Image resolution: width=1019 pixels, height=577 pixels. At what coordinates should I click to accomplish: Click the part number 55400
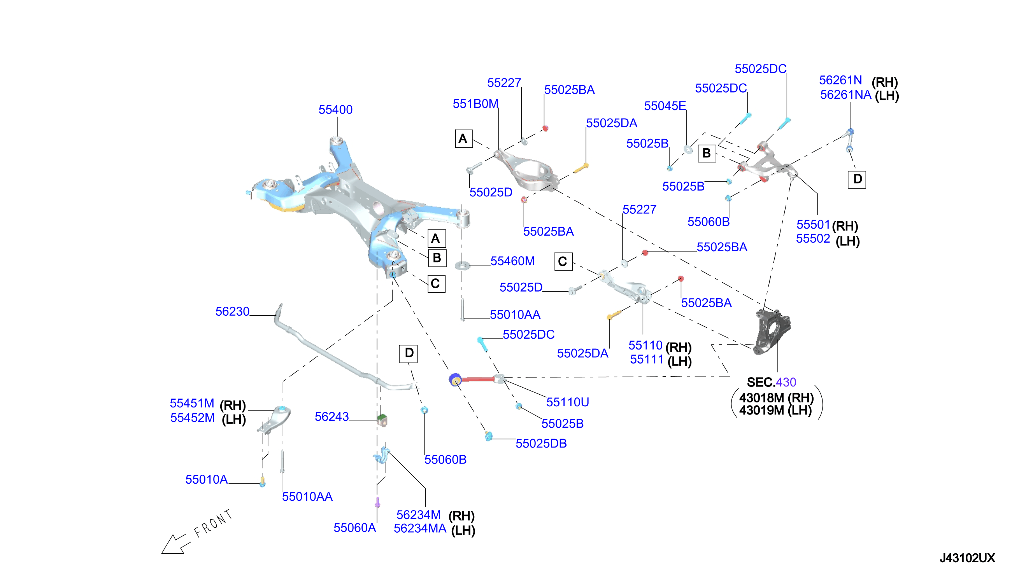point(335,110)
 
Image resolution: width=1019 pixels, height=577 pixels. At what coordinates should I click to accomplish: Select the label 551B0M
point(475,104)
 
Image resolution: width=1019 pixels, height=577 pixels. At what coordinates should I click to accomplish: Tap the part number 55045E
point(665,106)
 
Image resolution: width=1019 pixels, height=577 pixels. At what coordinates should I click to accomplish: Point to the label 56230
point(232,311)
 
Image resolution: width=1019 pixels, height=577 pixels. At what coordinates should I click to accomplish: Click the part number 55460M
point(512,261)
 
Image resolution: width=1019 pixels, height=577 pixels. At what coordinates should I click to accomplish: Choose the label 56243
point(332,417)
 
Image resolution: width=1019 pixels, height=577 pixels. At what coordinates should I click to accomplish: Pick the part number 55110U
point(567,402)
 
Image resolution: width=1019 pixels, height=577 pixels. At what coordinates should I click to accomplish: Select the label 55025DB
point(541,444)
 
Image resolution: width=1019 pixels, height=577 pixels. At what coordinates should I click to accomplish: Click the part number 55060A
point(354,528)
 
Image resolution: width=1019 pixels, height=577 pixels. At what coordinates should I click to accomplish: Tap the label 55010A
point(207,479)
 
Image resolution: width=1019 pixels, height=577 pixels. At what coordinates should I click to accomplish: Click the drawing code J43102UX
point(967,558)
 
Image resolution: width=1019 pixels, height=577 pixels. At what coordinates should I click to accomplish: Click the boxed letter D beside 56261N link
point(856,179)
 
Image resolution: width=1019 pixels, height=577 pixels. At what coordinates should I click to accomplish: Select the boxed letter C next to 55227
point(563,262)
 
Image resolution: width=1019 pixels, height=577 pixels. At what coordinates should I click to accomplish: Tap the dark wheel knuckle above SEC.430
point(772,331)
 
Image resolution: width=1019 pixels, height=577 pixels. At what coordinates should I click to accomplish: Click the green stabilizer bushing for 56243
point(382,420)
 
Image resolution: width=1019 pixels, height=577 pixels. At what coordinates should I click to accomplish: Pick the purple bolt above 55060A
point(377,502)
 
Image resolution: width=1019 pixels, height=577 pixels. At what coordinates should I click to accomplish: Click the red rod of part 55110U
point(477,379)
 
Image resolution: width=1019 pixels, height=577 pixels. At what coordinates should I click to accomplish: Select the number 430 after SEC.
point(786,383)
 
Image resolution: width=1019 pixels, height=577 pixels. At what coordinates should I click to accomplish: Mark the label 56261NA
point(845,95)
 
